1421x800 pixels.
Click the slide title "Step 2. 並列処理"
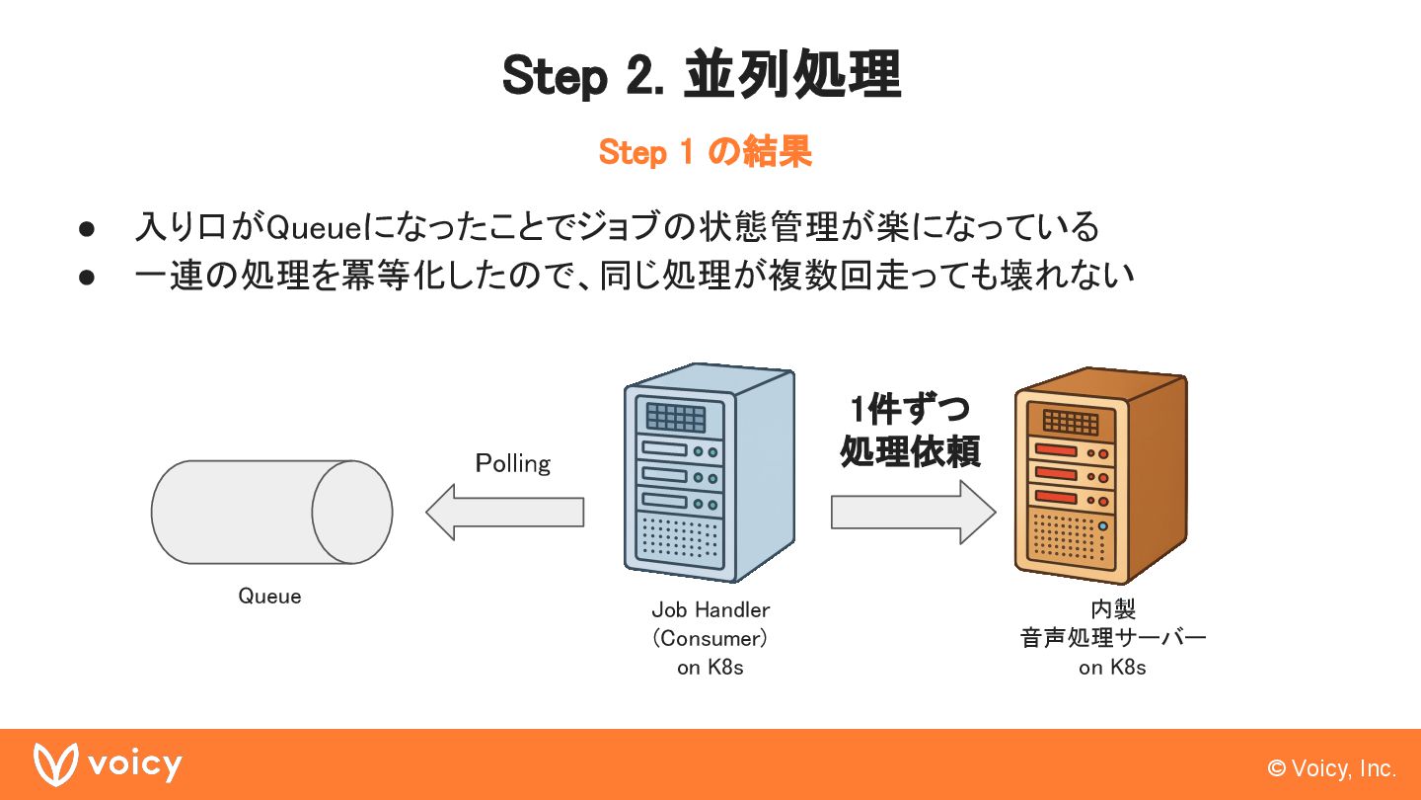pyautogui.click(x=702, y=75)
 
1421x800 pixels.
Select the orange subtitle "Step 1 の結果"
pyautogui.click(x=706, y=152)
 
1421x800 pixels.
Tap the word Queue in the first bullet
pyautogui.click(x=314, y=227)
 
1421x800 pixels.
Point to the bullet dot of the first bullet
pyautogui.click(x=87, y=229)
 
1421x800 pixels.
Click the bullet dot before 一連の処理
pyautogui.click(x=87, y=278)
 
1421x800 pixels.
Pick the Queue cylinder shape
pyautogui.click(x=271, y=512)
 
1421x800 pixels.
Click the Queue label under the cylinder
pyautogui.click(x=269, y=597)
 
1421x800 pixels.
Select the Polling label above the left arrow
pyautogui.click(x=512, y=464)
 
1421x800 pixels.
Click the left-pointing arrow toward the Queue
pyautogui.click(x=504, y=512)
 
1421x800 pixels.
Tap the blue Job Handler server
pyautogui.click(x=710, y=472)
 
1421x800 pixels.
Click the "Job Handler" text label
pyautogui.click(x=710, y=610)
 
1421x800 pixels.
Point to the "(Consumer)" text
pyautogui.click(x=710, y=638)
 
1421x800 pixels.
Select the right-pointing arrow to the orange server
pyautogui.click(x=914, y=512)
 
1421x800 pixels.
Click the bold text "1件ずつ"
pyautogui.click(x=910, y=409)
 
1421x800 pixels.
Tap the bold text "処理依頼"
pyautogui.click(x=910, y=451)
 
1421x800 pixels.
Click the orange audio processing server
pyautogui.click(x=1100, y=476)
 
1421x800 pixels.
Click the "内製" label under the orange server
pyautogui.click(x=1113, y=608)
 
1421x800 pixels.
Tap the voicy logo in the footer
pyautogui.click(x=108, y=764)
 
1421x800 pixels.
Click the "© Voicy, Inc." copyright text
pyautogui.click(x=1331, y=768)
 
